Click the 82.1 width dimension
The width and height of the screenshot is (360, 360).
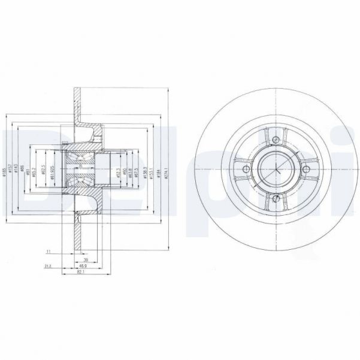click(x=80, y=272)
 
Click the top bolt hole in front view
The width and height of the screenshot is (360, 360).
click(x=276, y=140)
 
